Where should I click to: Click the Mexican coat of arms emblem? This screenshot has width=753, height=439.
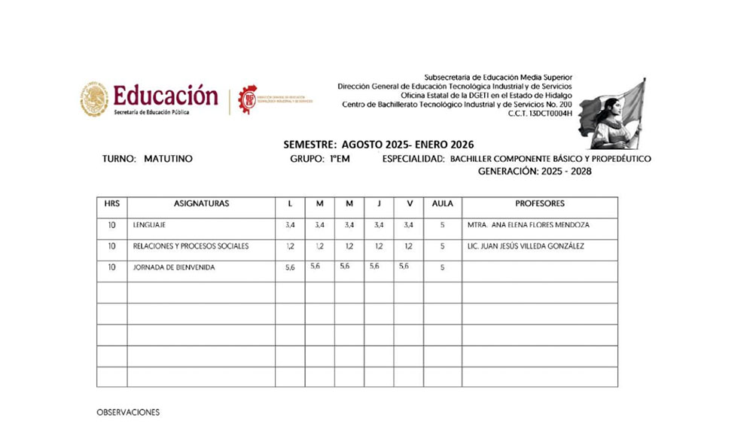coord(94,99)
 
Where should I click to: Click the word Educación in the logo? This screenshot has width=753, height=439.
coord(166,96)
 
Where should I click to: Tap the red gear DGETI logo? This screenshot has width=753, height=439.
coord(247,99)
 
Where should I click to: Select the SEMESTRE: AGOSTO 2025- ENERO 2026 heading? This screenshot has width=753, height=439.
coord(379,144)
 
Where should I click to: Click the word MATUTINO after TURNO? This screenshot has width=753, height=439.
coord(168,160)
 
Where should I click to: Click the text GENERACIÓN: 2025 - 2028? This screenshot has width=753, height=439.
coord(535,172)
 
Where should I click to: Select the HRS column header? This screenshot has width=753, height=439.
coord(111,204)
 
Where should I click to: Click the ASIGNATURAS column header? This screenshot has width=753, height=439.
coord(201,204)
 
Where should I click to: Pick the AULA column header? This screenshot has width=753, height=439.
coord(442,204)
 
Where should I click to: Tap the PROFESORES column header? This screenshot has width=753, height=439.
coord(539,204)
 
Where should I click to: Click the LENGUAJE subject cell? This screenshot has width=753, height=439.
coord(149,225)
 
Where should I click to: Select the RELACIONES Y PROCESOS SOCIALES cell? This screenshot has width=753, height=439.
coord(191,246)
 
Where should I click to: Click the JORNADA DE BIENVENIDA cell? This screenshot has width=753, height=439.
coord(174,267)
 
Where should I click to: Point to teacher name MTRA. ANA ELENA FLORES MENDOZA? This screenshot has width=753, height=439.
coord(528,225)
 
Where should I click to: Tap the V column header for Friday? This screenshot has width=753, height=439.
coord(409,204)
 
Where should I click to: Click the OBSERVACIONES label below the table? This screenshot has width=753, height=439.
coord(128,413)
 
